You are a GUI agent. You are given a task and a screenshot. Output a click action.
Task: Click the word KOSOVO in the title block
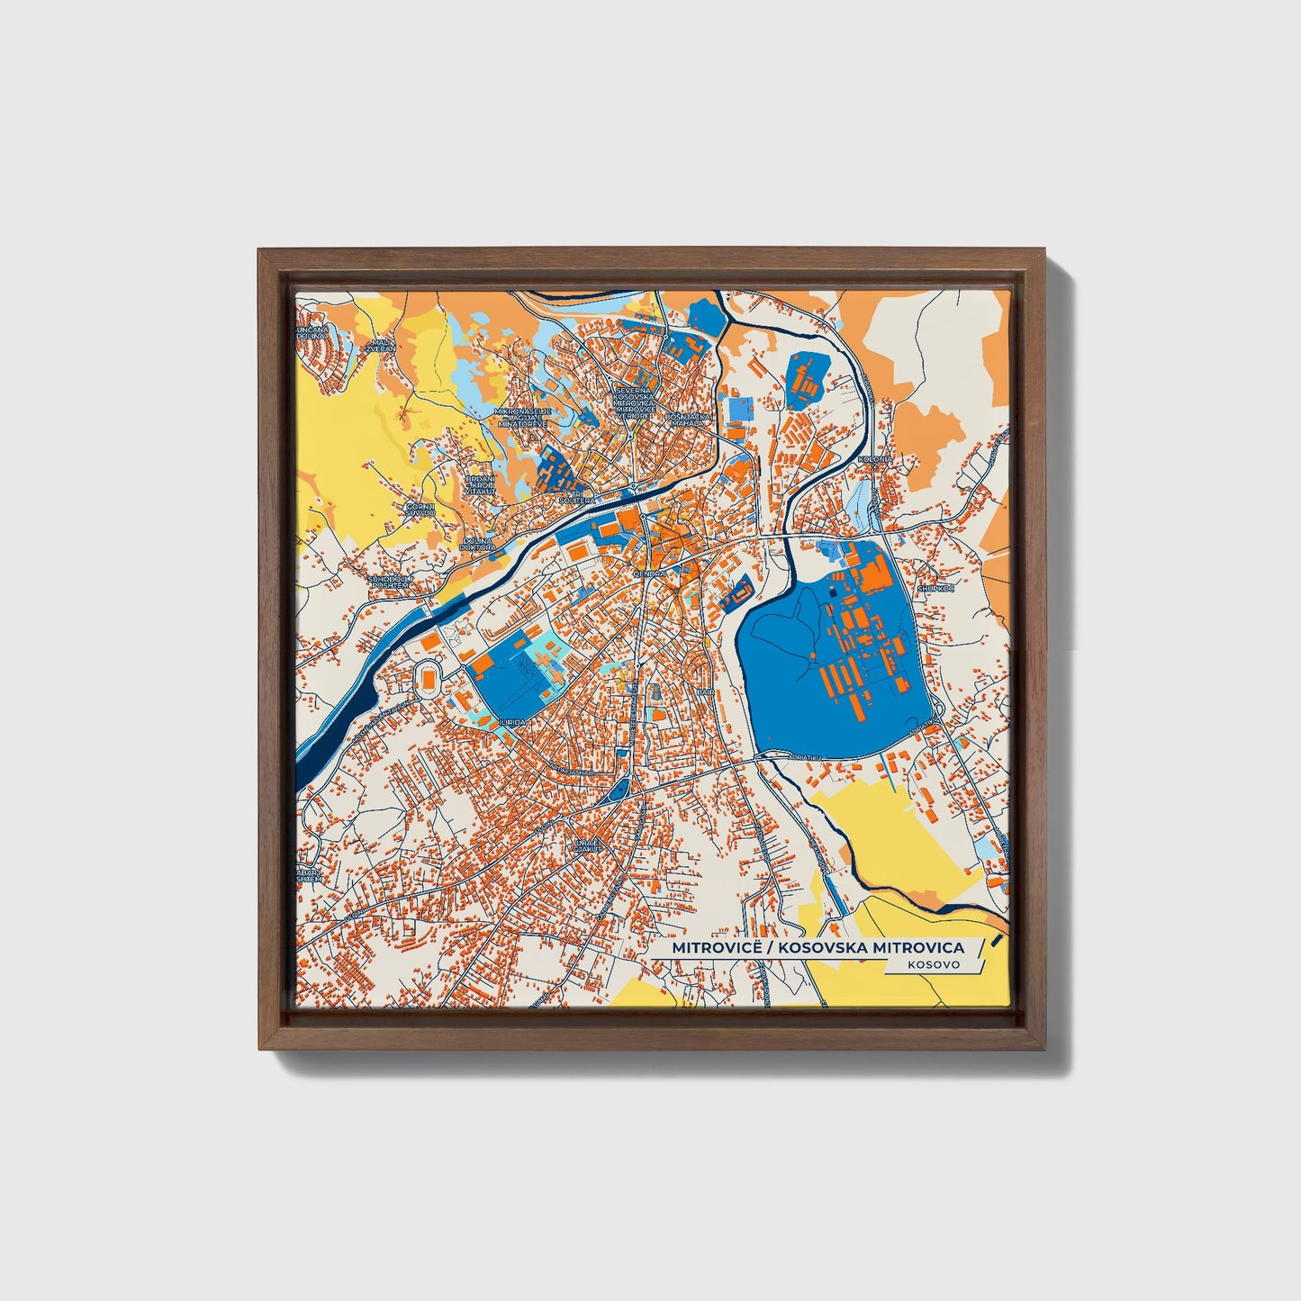(x=934, y=963)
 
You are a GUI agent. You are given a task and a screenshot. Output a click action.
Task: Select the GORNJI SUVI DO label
(x=420, y=510)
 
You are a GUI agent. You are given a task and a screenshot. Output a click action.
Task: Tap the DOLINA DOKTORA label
(x=477, y=544)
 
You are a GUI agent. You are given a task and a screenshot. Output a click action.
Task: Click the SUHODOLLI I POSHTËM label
(x=390, y=582)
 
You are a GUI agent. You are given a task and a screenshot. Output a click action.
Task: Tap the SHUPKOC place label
(x=935, y=588)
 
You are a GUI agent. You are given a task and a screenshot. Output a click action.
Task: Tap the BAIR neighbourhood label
(x=705, y=691)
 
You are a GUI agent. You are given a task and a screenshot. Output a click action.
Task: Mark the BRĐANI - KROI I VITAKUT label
(x=480, y=486)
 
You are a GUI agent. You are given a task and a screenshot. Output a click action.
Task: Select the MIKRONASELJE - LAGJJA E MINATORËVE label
(x=522, y=417)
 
